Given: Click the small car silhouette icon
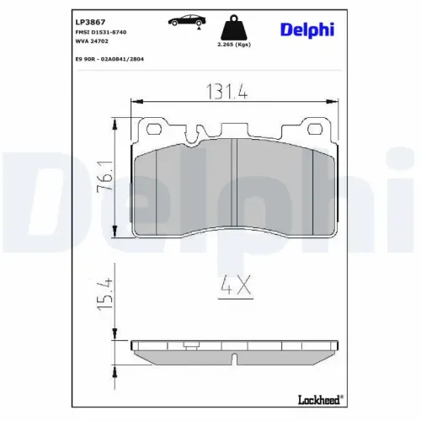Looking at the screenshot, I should click(x=186, y=19).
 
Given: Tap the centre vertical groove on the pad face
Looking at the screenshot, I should click(x=236, y=181).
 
